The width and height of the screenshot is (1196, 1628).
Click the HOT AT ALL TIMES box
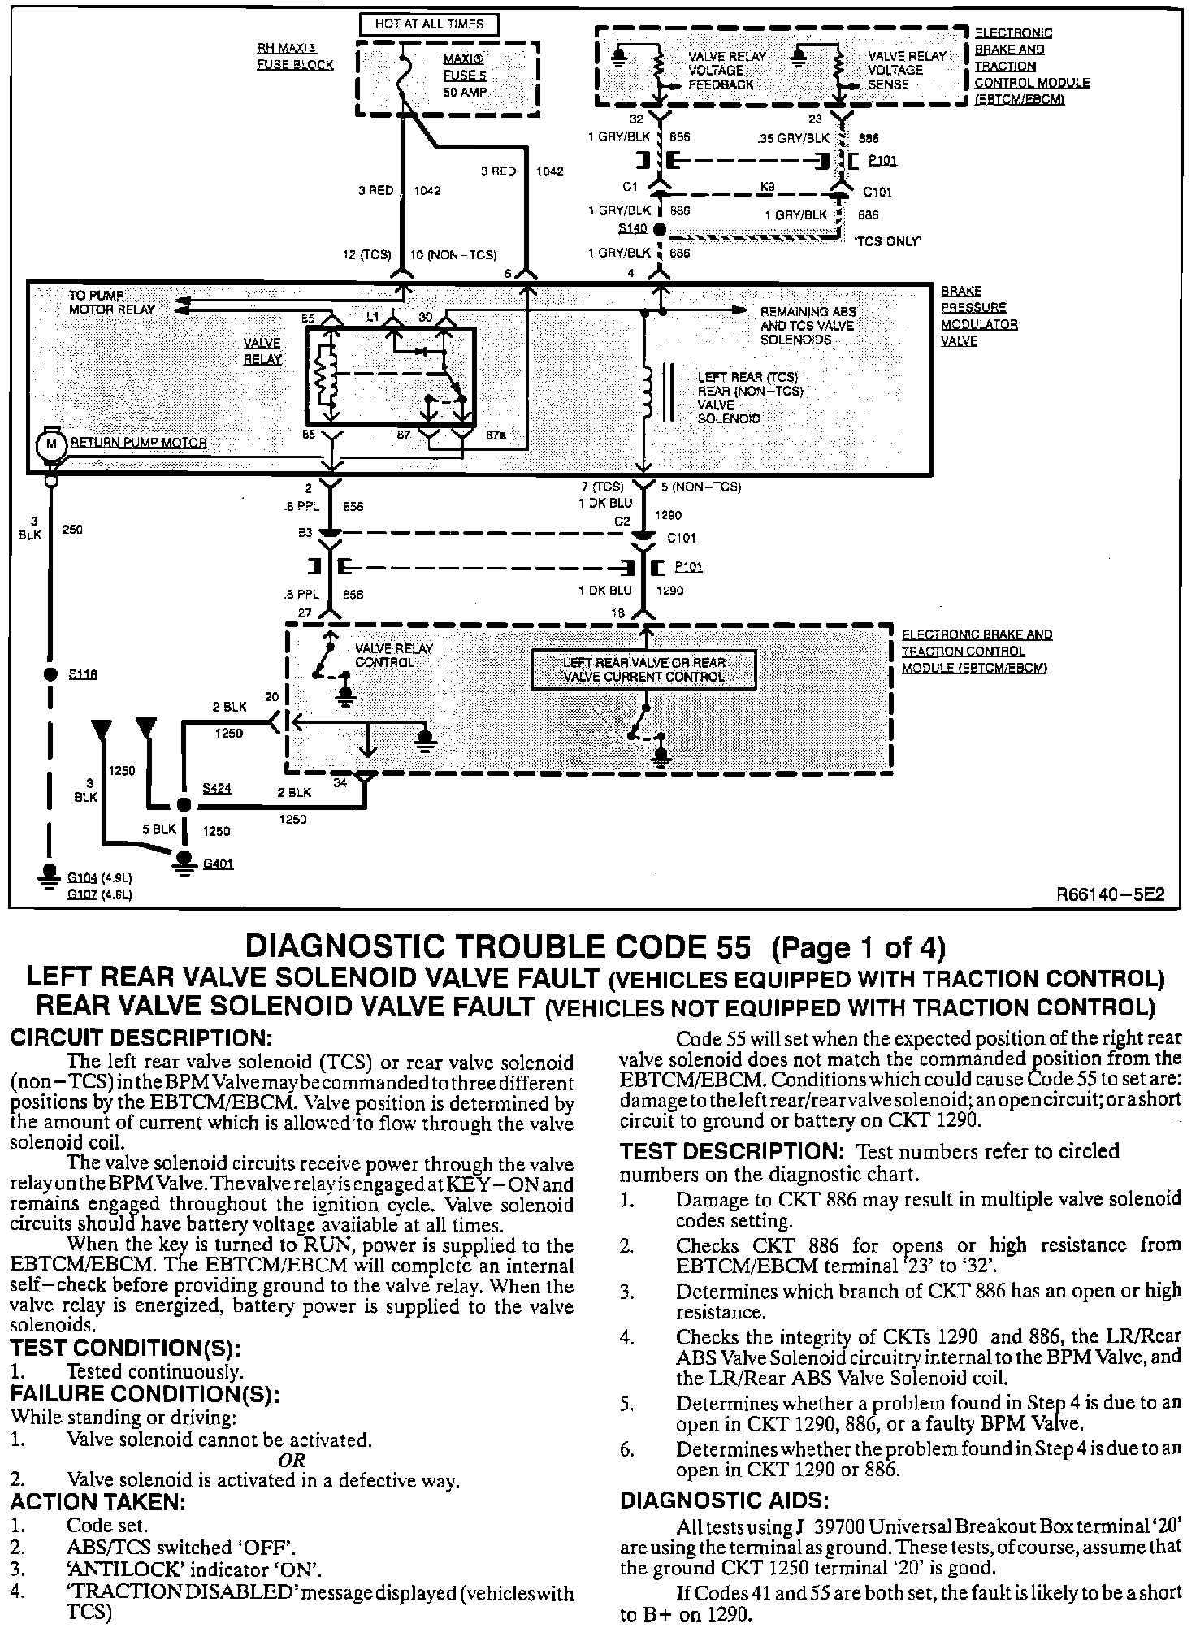pyautogui.click(x=428, y=24)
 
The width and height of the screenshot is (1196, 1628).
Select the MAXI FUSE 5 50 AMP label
pyautogui.click(x=464, y=76)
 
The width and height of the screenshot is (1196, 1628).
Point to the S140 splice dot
pyautogui.click(x=660, y=230)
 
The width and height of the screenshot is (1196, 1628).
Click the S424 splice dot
pyautogui.click(x=184, y=804)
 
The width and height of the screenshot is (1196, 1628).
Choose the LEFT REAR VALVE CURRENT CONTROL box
pyautogui.click(x=643, y=670)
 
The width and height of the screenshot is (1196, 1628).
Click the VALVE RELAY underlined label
pyautogui.click(x=263, y=351)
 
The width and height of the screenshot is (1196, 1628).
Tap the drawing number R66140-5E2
pyautogui.click(x=1111, y=894)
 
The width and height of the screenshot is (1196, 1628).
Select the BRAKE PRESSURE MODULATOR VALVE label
pyautogui.click(x=977, y=315)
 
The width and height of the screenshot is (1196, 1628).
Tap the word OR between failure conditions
pyautogui.click(x=292, y=1460)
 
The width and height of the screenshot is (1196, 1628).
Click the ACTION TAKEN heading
pyautogui.click(x=98, y=1500)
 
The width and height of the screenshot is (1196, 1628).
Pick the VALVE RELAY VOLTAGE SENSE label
pyautogui.click(x=906, y=70)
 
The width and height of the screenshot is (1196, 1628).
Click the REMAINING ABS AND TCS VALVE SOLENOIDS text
pyautogui.click(x=808, y=325)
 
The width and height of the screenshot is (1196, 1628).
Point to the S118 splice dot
pyautogui.click(x=50, y=674)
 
